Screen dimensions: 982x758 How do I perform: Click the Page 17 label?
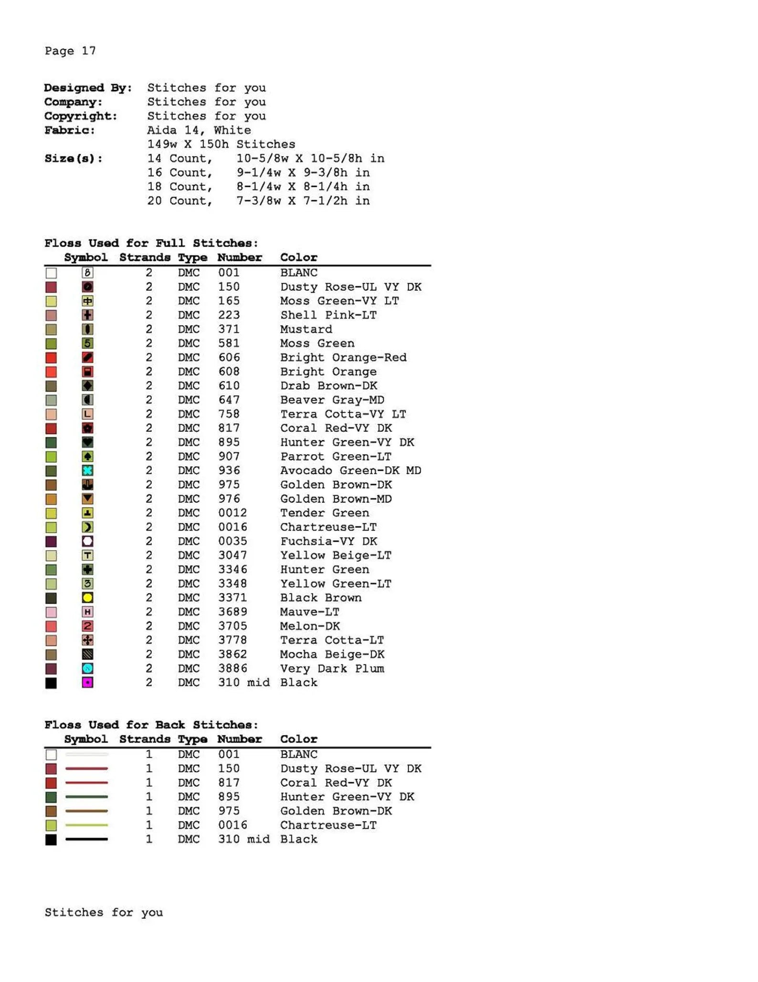click(x=70, y=51)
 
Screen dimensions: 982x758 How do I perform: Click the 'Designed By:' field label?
click(x=88, y=88)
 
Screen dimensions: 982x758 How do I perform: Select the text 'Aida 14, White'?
click(x=199, y=130)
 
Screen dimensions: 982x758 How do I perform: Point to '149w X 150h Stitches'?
click(x=221, y=144)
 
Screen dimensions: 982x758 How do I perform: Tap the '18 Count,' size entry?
click(x=179, y=187)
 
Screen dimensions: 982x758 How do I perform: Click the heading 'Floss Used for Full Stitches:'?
click(x=151, y=243)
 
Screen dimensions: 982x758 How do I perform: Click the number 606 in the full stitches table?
click(x=229, y=357)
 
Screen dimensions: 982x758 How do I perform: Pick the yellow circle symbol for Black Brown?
click(x=87, y=598)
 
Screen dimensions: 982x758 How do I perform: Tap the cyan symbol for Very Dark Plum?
click(x=87, y=668)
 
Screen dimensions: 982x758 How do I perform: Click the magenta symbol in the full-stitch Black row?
click(x=87, y=683)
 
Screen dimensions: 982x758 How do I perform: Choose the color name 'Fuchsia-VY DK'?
click(x=328, y=541)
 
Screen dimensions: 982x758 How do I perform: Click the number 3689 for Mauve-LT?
click(x=232, y=612)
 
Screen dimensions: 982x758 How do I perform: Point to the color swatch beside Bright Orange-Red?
click(x=51, y=358)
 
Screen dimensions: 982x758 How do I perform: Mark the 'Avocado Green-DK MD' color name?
click(x=350, y=470)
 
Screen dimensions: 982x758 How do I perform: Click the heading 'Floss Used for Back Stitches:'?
click(x=151, y=725)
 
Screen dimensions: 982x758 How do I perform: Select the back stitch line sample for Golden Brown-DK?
click(x=86, y=811)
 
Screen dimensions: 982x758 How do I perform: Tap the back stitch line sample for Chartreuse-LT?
click(x=86, y=825)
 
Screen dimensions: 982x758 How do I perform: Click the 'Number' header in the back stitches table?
click(x=240, y=739)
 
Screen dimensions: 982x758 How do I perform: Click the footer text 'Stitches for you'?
click(x=104, y=913)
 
